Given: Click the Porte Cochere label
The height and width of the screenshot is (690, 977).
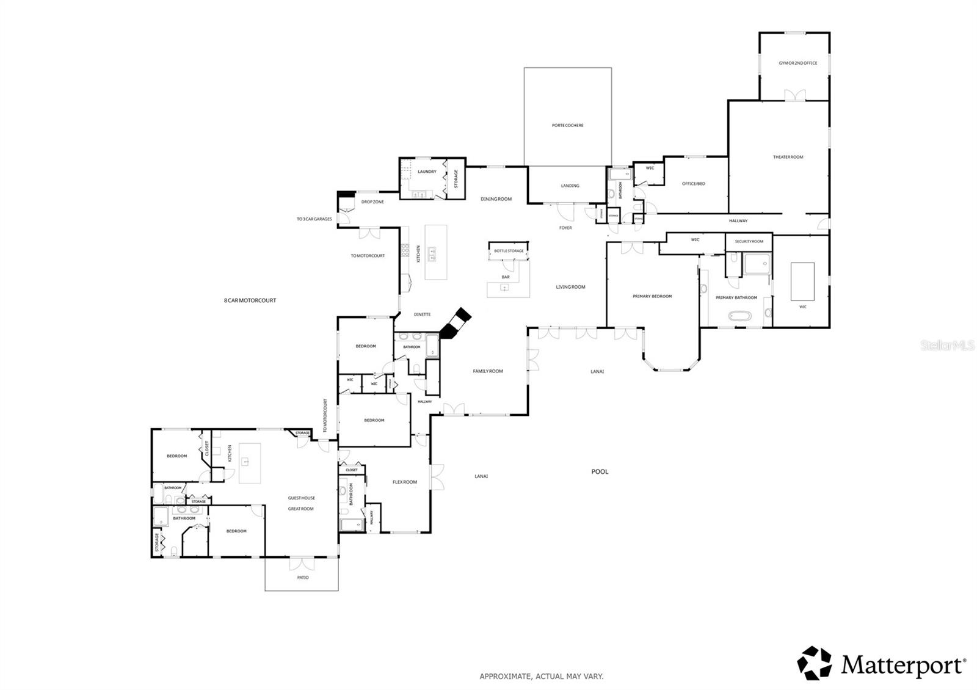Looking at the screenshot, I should [567, 125].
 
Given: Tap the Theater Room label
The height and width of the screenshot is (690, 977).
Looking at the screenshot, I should [788, 157].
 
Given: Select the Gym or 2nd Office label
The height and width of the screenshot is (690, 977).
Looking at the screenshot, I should [797, 63].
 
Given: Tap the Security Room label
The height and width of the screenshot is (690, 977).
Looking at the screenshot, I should [749, 241].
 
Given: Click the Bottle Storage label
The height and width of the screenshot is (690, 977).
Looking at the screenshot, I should [509, 251].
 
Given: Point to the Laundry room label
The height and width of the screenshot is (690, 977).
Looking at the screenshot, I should [427, 172].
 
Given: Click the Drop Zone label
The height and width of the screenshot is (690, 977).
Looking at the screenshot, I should [372, 202].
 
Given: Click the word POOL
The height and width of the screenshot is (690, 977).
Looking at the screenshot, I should [600, 471].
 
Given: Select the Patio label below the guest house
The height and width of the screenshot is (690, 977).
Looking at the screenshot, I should [303, 577].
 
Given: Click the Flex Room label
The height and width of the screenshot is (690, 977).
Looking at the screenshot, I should [404, 482].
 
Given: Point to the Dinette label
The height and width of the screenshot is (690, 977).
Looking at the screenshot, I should [422, 314].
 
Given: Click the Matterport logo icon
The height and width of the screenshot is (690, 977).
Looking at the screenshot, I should [815, 663].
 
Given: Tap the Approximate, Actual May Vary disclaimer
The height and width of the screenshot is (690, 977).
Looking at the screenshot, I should [541, 676].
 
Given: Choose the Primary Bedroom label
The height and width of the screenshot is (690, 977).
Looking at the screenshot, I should [652, 296].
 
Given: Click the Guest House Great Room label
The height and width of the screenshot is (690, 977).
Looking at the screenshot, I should [301, 503].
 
